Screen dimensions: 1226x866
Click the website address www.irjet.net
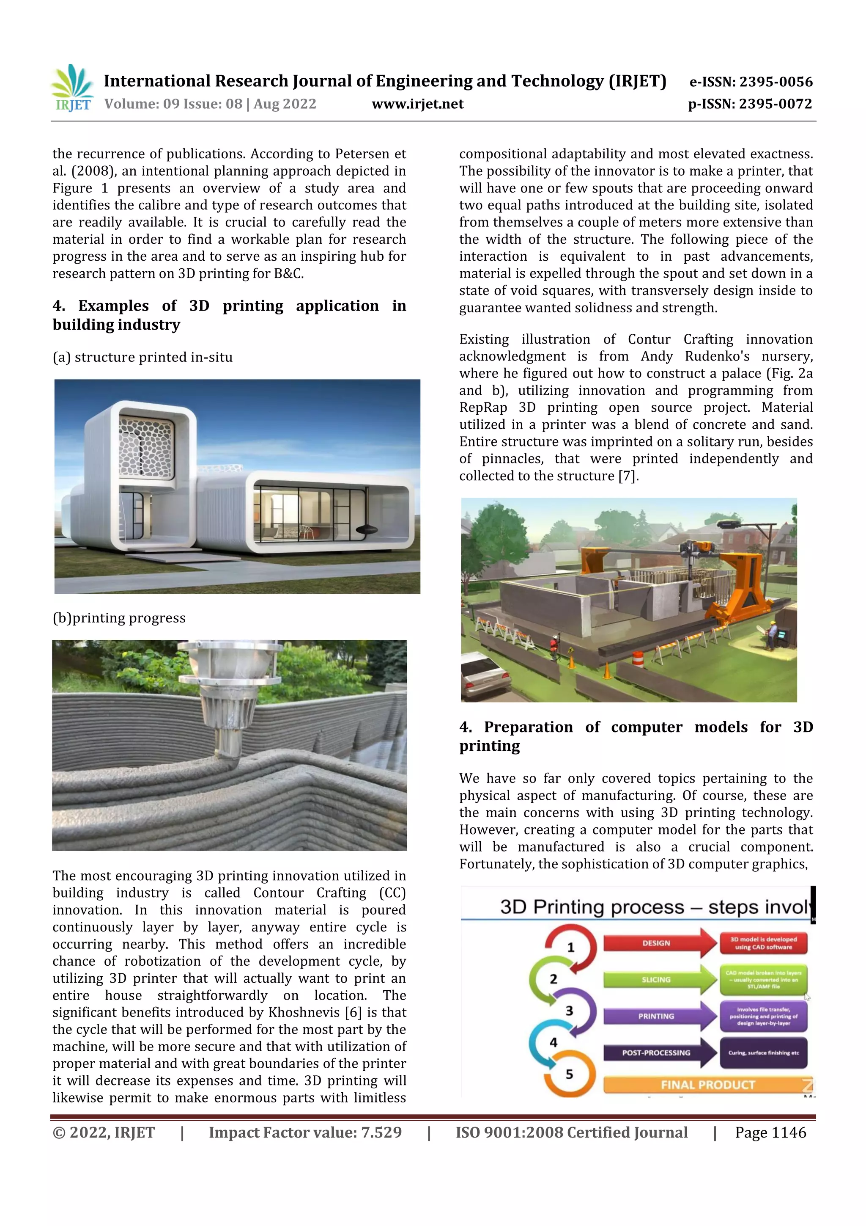point(417,104)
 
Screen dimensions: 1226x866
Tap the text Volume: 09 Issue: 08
point(173,104)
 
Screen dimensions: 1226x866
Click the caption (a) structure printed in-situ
point(143,357)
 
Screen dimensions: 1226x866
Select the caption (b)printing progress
point(119,618)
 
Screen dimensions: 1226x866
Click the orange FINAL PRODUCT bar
point(707,1085)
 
